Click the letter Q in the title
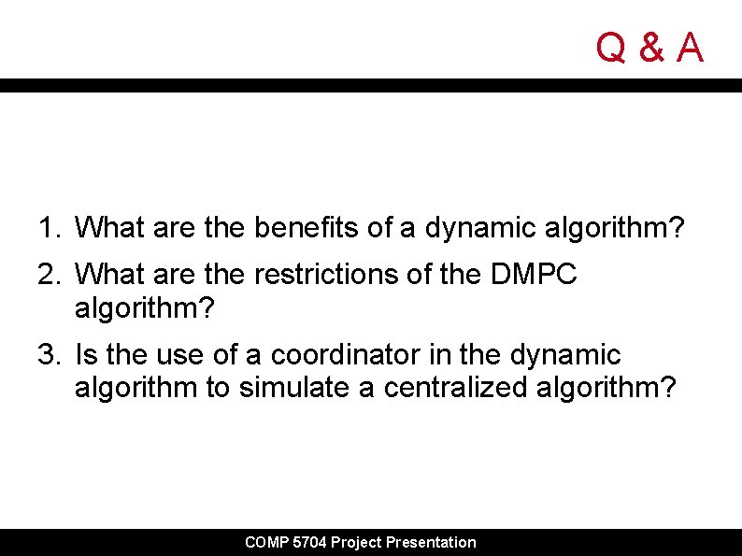612,47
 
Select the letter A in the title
689,47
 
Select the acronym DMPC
533,274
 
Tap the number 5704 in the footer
310,542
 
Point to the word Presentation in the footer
431,542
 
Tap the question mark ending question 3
664,387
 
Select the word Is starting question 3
85,355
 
